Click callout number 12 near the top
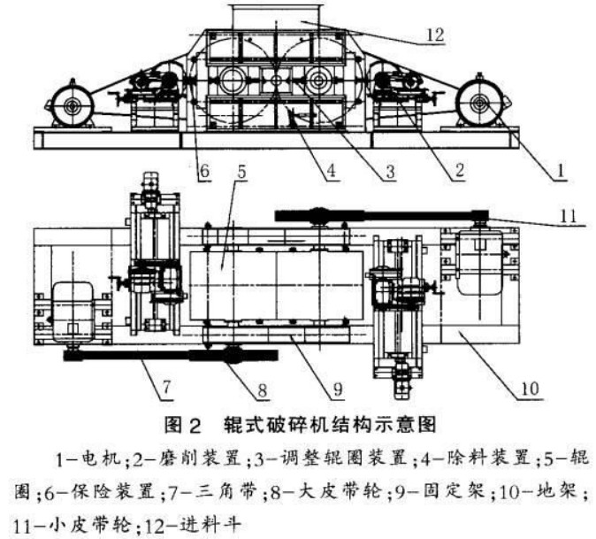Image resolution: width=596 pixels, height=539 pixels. (x=432, y=35)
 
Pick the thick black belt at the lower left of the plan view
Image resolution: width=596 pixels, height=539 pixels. (x=159, y=357)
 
